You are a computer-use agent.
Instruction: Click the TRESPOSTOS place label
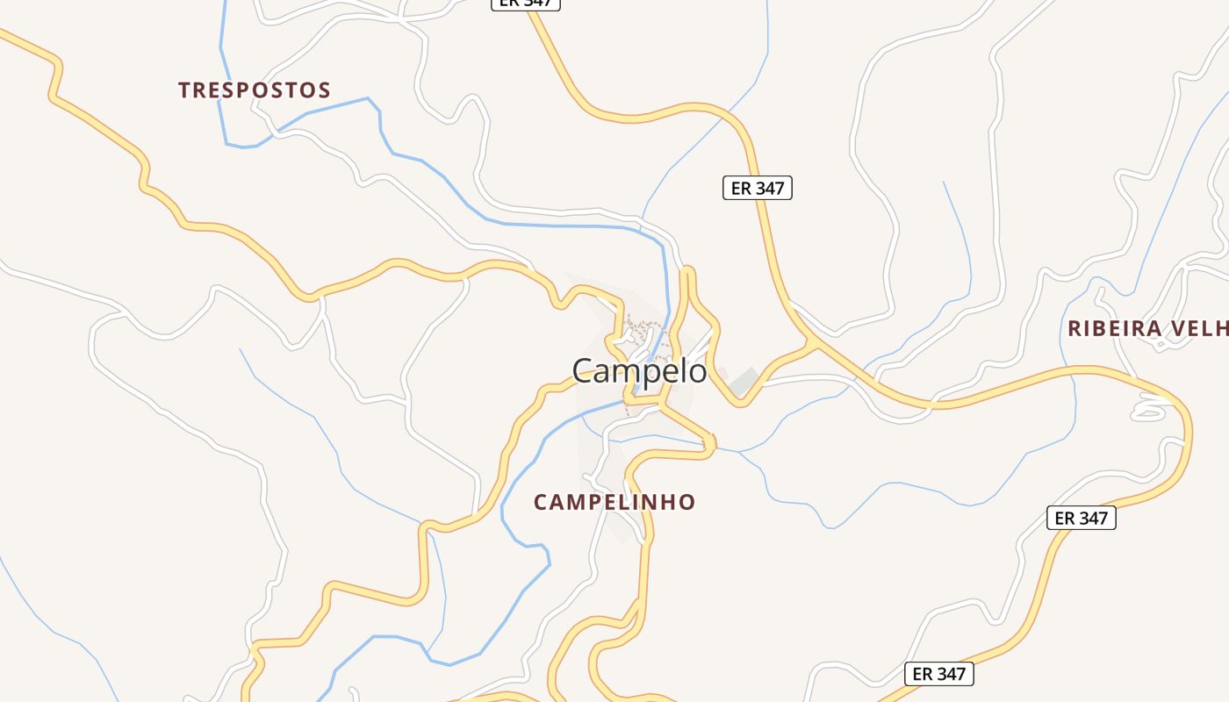coord(255,90)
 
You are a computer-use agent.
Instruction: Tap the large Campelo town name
coord(639,371)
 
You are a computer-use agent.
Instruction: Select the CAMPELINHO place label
coord(614,503)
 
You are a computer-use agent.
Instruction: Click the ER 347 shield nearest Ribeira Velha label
coord(1081,518)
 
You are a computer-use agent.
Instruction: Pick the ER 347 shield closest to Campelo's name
coord(758,188)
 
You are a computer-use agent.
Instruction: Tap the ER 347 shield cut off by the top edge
coord(525,3)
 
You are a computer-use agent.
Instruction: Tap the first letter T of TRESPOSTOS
coord(184,90)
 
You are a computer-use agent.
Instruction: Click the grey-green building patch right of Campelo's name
coord(744,381)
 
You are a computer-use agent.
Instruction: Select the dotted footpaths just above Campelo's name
coord(645,333)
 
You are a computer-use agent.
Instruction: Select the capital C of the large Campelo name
coord(583,371)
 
